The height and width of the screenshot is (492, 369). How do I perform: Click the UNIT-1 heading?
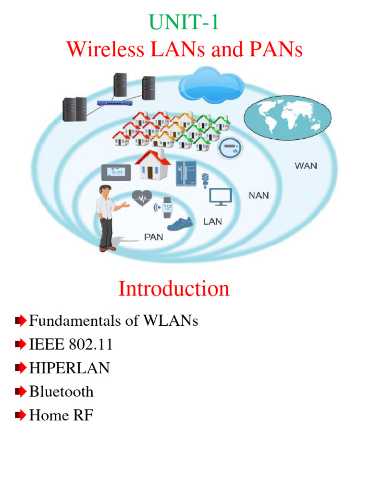click(x=184, y=23)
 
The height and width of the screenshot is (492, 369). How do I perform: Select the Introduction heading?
click(x=174, y=289)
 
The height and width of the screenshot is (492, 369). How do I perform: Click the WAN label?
click(x=306, y=166)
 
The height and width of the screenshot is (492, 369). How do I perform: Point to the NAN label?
click(x=259, y=196)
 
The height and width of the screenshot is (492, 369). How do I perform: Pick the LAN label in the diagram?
click(x=213, y=221)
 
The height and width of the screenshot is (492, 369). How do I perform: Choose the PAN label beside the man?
click(x=153, y=236)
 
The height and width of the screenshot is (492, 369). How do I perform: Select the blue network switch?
click(x=112, y=102)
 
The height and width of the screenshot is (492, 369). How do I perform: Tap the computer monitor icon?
click(x=221, y=196)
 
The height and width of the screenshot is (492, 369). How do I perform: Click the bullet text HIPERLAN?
click(x=69, y=369)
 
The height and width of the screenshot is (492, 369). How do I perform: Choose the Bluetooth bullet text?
click(x=61, y=392)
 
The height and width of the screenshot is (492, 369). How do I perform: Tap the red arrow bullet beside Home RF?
click(x=20, y=416)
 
